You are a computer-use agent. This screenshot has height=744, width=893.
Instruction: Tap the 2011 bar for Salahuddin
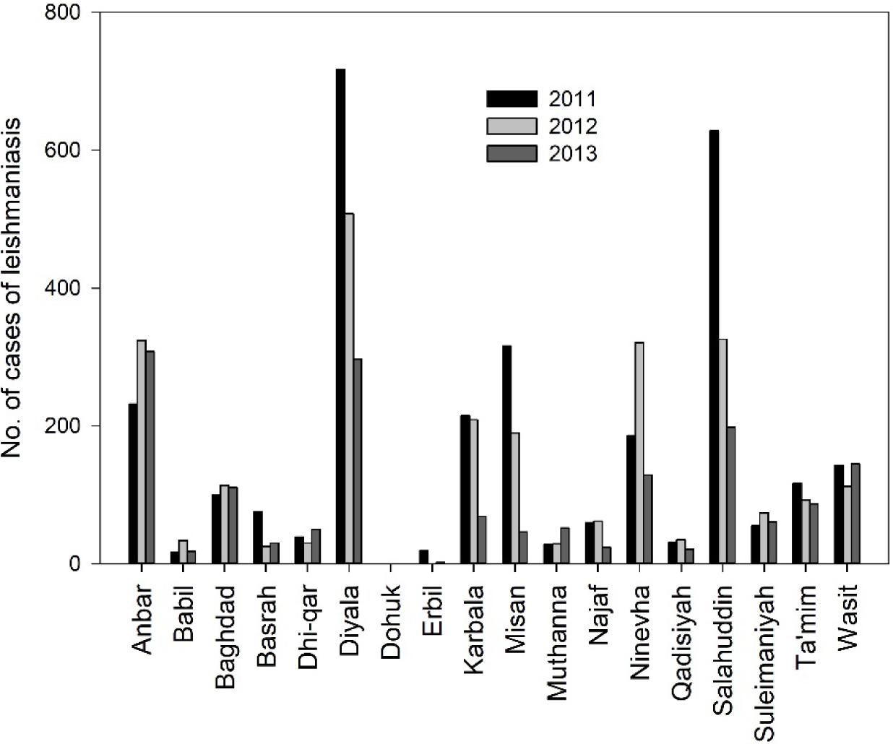pos(714,347)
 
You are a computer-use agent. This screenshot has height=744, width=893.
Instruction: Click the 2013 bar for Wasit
pos(855,514)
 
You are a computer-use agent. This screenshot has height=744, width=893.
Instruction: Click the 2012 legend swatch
pos(512,126)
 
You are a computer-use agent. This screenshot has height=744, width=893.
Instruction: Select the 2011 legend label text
pos(572,99)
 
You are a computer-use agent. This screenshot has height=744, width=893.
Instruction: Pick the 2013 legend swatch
pos(512,154)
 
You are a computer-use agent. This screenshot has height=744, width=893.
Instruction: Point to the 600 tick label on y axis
pos(65,150)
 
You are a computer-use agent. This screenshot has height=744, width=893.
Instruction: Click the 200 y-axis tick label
pos(65,426)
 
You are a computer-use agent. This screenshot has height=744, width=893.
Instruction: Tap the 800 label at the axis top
pos(65,13)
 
